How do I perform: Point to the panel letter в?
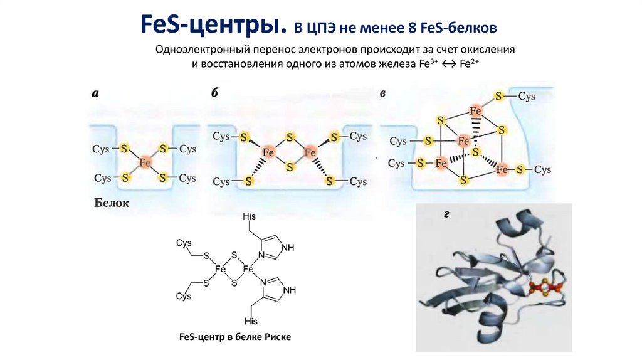382,94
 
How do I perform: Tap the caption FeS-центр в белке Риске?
235,337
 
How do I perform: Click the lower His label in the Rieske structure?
251,321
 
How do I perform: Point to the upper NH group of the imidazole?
288,247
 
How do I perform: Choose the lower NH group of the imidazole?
289,290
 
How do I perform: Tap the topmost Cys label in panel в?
526,97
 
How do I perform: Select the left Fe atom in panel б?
268,152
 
